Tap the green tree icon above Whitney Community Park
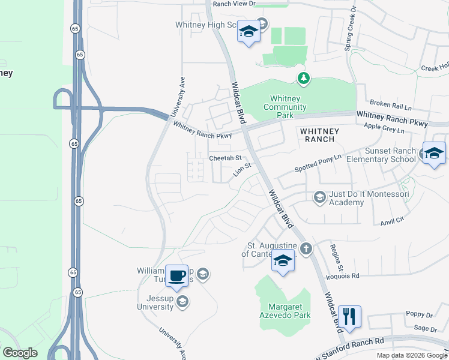coord(304,78)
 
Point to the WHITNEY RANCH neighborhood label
coord(320,135)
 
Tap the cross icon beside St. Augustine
coord(306,248)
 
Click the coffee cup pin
coord(176,275)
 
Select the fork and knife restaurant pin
coord(349,316)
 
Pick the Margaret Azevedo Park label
coord(285,311)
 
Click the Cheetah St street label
coord(224,158)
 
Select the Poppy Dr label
coord(419,314)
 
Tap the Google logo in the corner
coord(20,353)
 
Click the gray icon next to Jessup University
coord(182,302)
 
